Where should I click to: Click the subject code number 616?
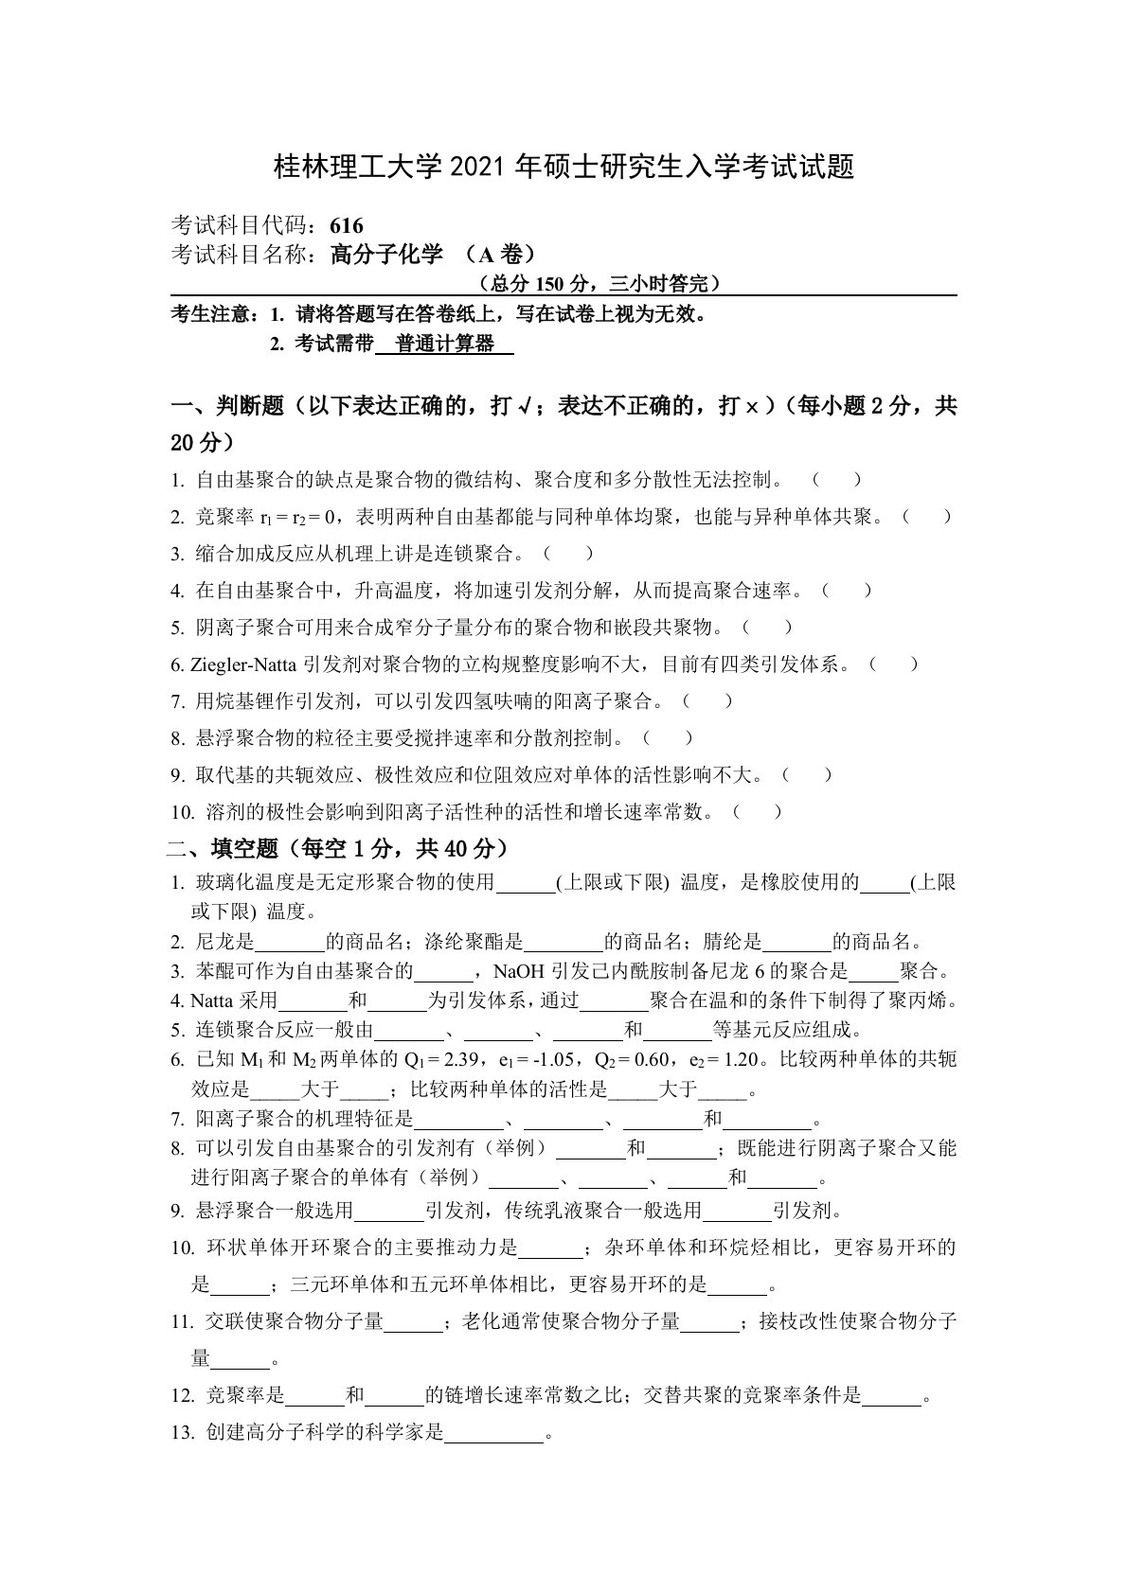coord(348,225)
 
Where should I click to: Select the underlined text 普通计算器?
coord(445,345)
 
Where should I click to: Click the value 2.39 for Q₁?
coord(464,1059)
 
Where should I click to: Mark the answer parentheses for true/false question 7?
coord(707,701)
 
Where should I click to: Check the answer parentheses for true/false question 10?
coord(759,811)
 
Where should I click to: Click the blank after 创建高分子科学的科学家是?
coord(494,1434)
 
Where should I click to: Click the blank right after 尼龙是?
coord(291,943)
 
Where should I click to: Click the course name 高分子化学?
coord(387,254)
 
